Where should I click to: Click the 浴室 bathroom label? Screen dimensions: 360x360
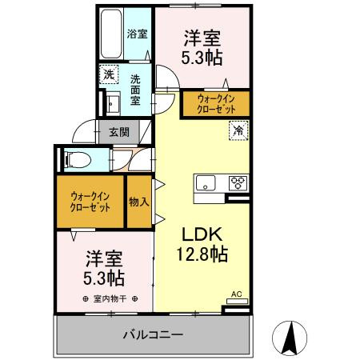(137, 34)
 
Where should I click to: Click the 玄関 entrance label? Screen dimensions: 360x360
(119, 132)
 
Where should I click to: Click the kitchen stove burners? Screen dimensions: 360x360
(238, 182)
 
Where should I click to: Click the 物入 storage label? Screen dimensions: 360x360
(138, 201)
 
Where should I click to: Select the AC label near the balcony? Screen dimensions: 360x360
(236, 295)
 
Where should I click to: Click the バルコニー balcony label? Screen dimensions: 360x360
(153, 334)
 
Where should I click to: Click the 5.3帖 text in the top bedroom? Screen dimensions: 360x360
(202, 57)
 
